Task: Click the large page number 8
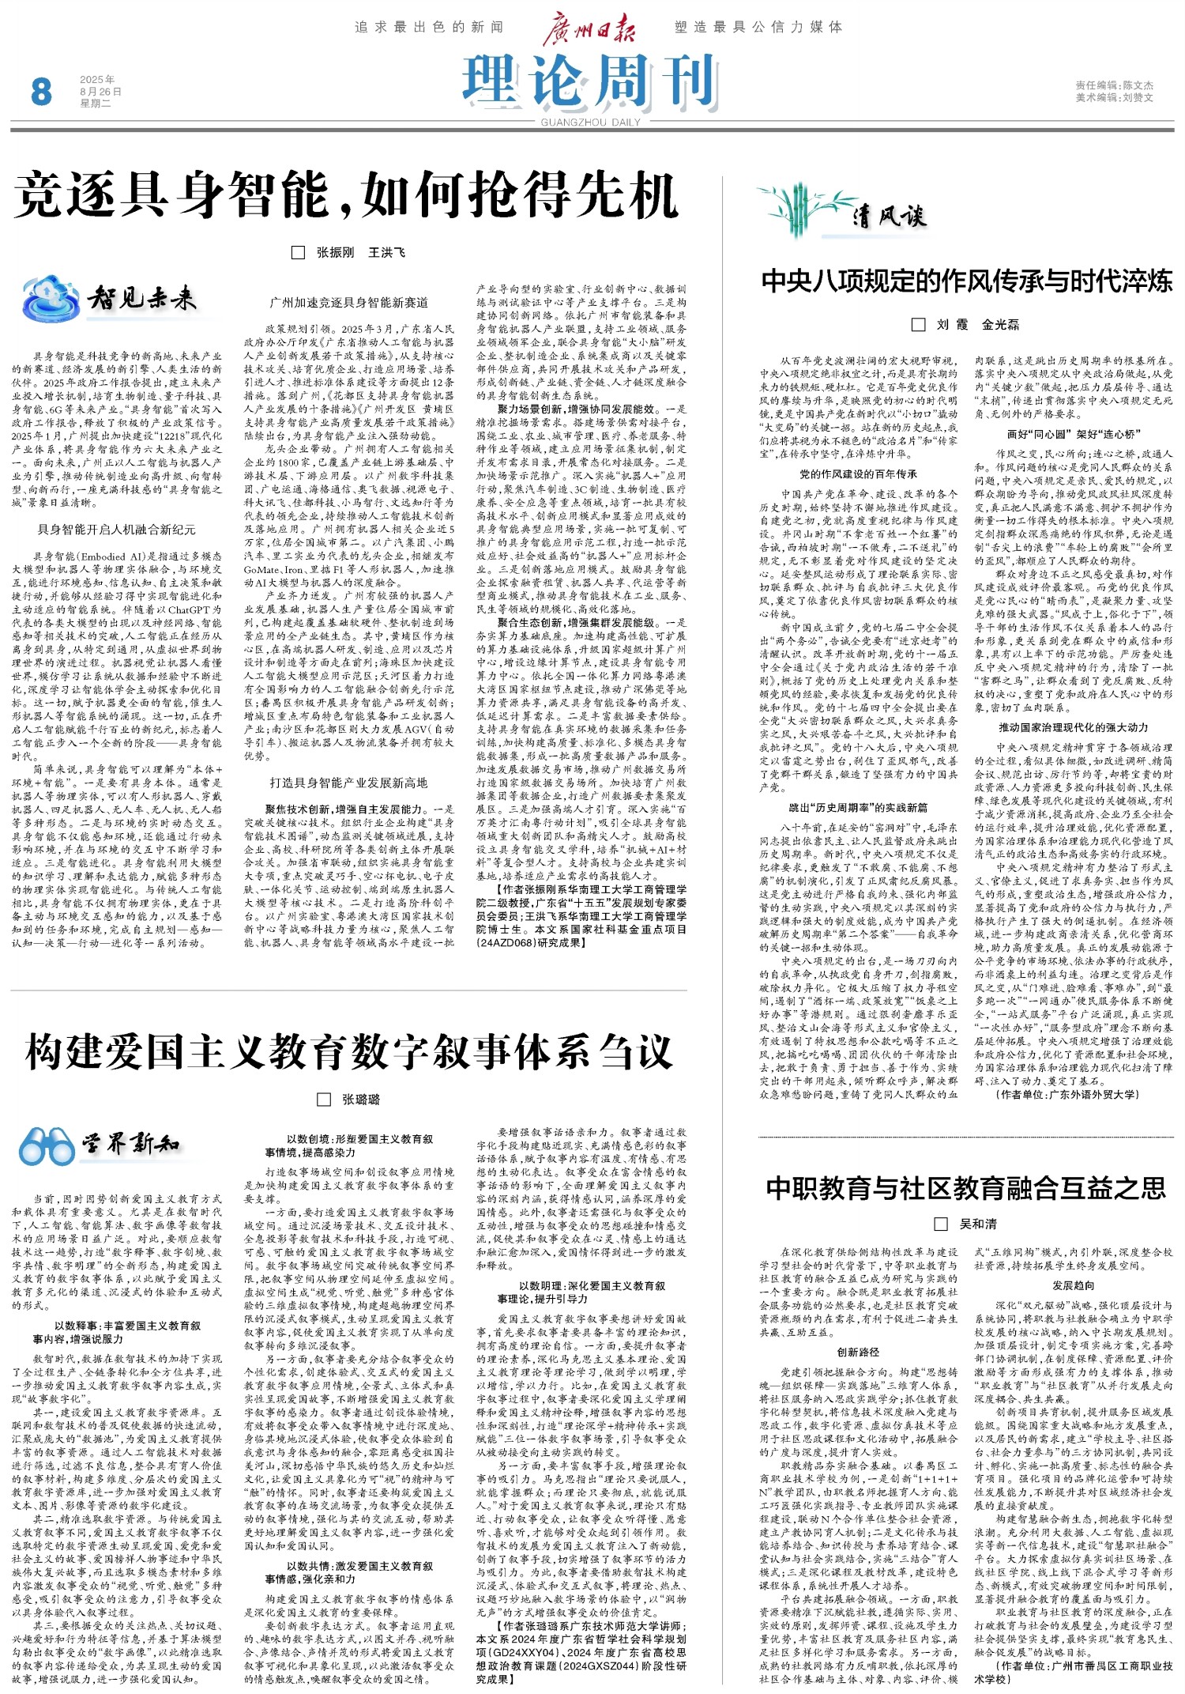click(41, 91)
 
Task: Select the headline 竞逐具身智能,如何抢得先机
click(346, 195)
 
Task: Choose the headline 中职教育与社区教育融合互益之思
click(965, 1188)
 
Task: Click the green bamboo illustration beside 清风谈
click(799, 212)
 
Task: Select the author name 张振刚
click(336, 253)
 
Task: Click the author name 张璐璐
click(361, 1100)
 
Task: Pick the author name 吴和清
click(978, 1224)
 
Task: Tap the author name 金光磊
click(1000, 325)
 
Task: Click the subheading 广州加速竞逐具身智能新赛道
click(349, 303)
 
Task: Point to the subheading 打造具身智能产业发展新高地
click(348, 783)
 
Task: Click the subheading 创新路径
click(858, 1353)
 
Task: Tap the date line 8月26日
click(100, 92)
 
